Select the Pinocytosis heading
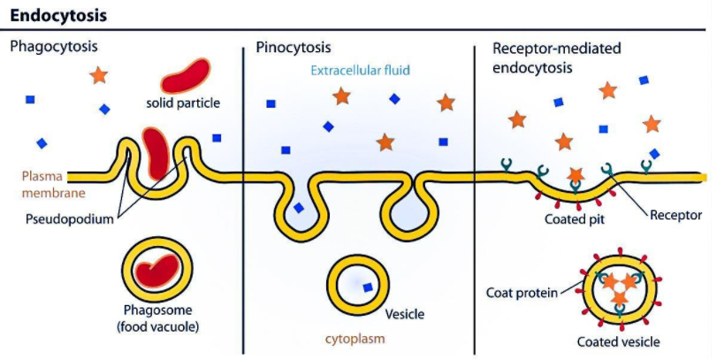(293, 46)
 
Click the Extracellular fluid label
(360, 69)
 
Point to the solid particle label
(183, 103)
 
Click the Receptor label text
(675, 215)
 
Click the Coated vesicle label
(618, 341)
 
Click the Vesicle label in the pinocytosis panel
(405, 314)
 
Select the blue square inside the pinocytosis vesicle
(366, 287)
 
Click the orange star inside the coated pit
(576, 174)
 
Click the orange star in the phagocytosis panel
(98, 75)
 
